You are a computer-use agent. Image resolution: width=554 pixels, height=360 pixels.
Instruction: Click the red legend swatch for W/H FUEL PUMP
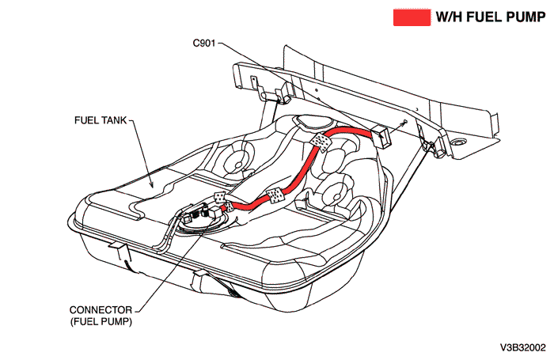pos(411,17)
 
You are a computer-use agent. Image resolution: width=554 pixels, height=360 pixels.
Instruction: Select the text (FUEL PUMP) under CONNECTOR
pos(102,322)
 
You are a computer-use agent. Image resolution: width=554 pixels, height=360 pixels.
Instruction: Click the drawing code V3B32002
pos(522,347)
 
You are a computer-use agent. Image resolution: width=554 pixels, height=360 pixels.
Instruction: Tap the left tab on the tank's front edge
pos(116,252)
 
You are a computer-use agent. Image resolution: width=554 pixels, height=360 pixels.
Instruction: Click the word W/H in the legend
pos(448,17)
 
